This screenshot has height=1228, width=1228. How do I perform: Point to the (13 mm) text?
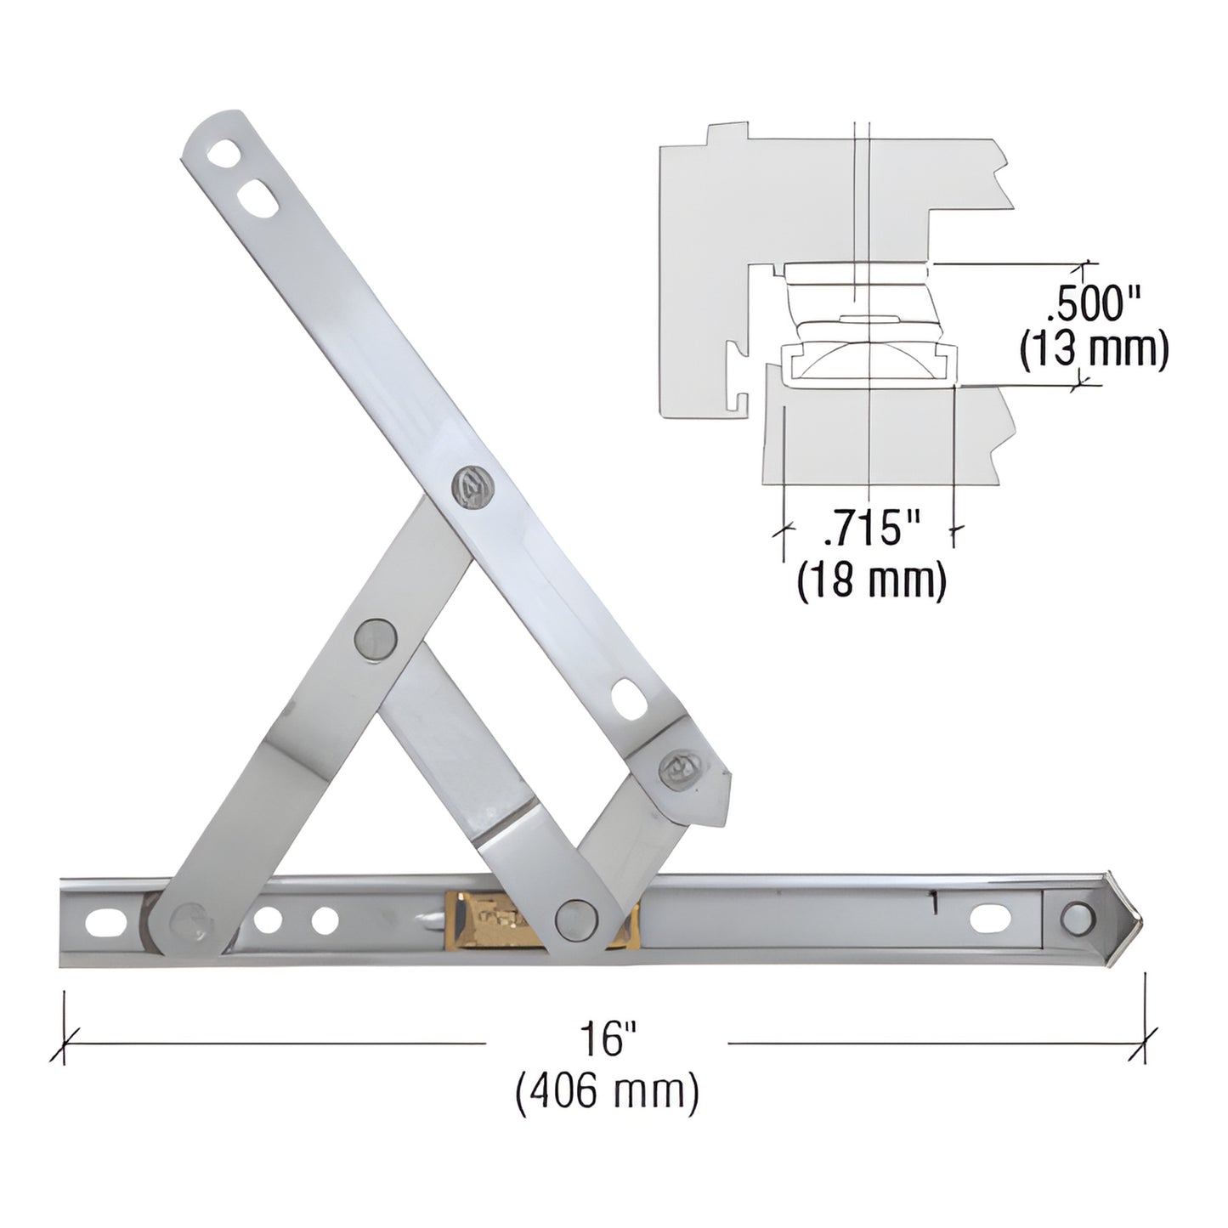pyautogui.click(x=1093, y=349)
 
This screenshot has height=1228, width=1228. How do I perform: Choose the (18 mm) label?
pyautogui.click(x=872, y=581)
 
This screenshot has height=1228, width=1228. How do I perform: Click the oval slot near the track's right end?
pyautogui.click(x=991, y=918)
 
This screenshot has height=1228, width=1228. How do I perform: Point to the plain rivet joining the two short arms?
pyautogui.click(x=374, y=637)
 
